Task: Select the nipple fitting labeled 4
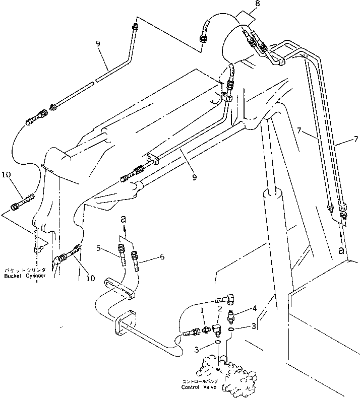pos(230,316)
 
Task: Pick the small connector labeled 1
pos(206,330)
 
